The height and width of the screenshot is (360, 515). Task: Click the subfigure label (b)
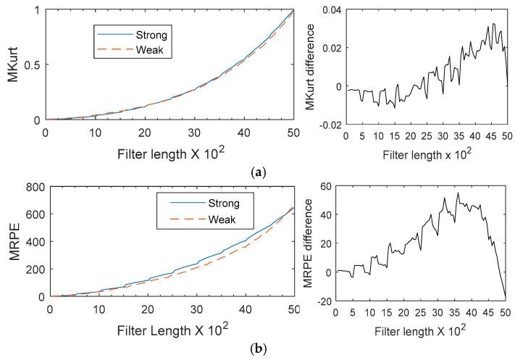point(257,348)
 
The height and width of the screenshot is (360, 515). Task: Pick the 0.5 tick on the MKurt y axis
point(32,64)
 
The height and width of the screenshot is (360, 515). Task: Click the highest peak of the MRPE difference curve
point(458,193)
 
